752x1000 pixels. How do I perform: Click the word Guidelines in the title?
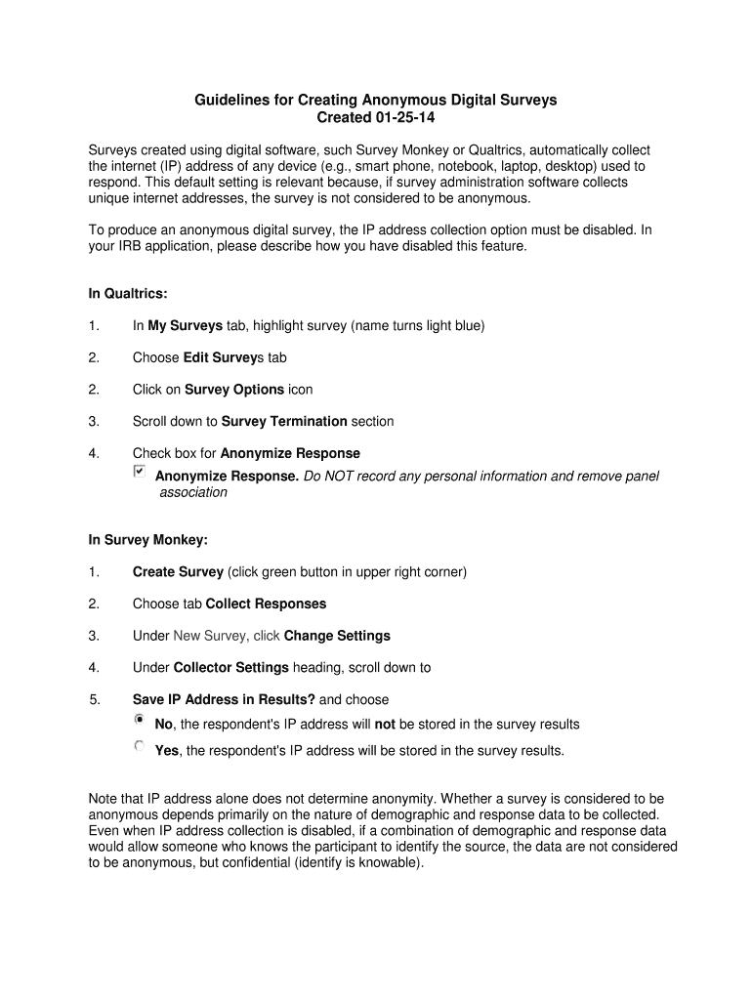[230, 100]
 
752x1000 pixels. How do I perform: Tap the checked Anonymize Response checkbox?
[139, 473]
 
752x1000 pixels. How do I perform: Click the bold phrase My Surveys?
[185, 325]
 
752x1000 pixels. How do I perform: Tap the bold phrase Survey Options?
[233, 390]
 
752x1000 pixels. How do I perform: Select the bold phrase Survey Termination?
[284, 422]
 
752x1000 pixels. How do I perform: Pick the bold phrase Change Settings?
[337, 636]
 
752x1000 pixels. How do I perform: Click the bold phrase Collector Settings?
[230, 668]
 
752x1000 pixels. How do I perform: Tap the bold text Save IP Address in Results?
[224, 699]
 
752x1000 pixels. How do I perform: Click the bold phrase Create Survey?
[178, 571]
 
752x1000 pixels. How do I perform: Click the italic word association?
[193, 492]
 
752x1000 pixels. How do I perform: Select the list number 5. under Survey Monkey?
[95, 699]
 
